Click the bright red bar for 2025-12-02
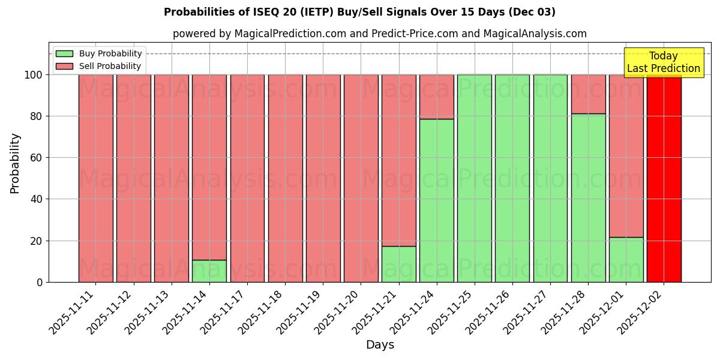point(664,178)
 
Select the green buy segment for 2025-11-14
point(209,271)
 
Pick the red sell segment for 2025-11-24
point(437,97)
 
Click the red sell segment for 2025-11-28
point(588,94)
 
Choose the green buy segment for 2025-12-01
point(626,259)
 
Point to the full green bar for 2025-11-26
point(512,178)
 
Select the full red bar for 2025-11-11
point(96,178)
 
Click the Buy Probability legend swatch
point(64,54)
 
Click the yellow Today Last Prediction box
point(663,62)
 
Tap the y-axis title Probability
point(15,163)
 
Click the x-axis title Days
point(380,345)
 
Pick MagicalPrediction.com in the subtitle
point(290,34)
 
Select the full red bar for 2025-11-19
point(323,178)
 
